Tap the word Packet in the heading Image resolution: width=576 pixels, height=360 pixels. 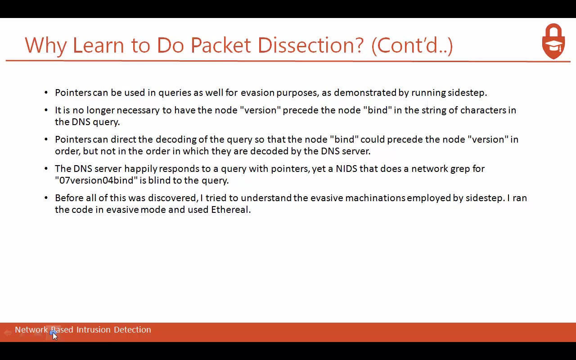[220, 45]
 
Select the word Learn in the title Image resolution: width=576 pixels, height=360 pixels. [99, 45]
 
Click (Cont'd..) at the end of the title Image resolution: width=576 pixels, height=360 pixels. [412, 45]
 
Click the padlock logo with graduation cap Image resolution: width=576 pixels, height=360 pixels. [553, 41]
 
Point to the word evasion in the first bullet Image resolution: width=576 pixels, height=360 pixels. [257, 93]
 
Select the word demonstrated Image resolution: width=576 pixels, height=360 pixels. [365, 93]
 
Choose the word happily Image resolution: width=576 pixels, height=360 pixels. [141, 169]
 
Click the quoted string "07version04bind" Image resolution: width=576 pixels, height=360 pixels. [96, 180]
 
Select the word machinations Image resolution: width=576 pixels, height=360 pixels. [375, 198]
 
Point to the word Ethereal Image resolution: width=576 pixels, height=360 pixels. [230, 210]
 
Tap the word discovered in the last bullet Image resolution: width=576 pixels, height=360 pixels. [172, 198]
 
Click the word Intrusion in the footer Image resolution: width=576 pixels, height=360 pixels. [93, 330]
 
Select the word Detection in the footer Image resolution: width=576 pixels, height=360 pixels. [132, 330]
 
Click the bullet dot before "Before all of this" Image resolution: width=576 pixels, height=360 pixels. [46, 198]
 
